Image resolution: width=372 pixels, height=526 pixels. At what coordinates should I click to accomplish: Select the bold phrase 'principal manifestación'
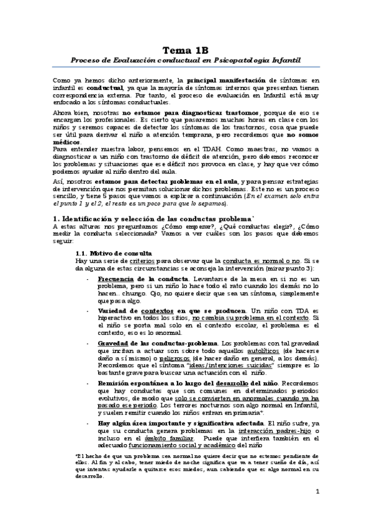227,81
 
